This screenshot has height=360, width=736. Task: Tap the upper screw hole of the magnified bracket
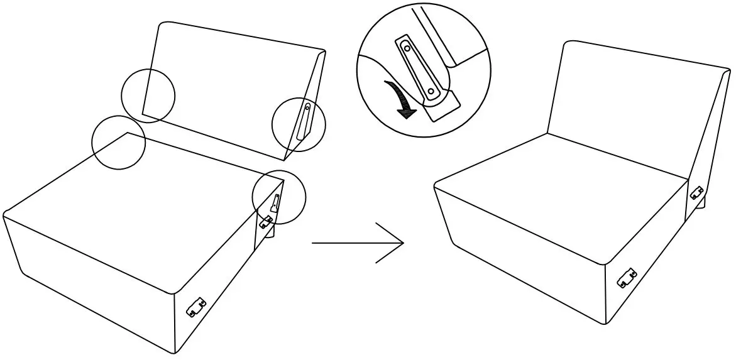(407, 47)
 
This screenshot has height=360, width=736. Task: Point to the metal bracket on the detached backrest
(304, 121)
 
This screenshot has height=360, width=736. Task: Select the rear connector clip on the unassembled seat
(266, 221)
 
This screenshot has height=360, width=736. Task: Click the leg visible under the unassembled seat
(269, 235)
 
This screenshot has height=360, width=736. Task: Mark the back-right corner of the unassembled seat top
(283, 178)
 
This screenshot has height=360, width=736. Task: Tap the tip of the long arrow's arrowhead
(403, 242)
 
